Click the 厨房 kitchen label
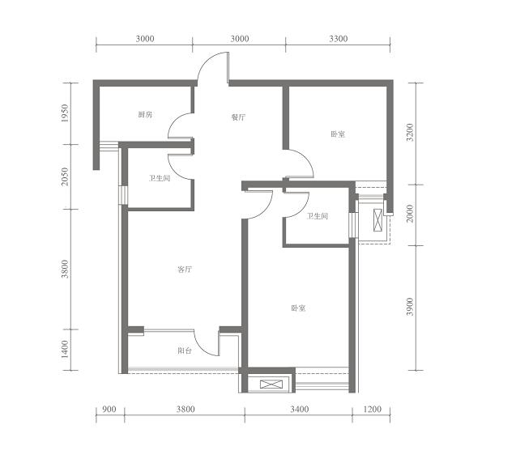(145, 115)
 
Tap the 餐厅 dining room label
(238, 117)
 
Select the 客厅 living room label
(185, 270)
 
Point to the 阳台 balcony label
(185, 350)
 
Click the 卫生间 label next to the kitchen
(160, 179)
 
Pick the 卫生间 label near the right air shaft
(318, 216)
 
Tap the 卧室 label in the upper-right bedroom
(338, 134)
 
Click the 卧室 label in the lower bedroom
(298, 308)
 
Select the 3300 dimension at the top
(339, 39)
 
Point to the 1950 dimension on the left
(65, 113)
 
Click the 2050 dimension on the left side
(65, 176)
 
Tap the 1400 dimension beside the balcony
(65, 349)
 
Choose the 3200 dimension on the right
(410, 133)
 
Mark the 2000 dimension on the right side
(410, 214)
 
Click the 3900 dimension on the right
(410, 307)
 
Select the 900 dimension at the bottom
(109, 409)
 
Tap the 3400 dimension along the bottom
(300, 409)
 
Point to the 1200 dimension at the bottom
(372, 409)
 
